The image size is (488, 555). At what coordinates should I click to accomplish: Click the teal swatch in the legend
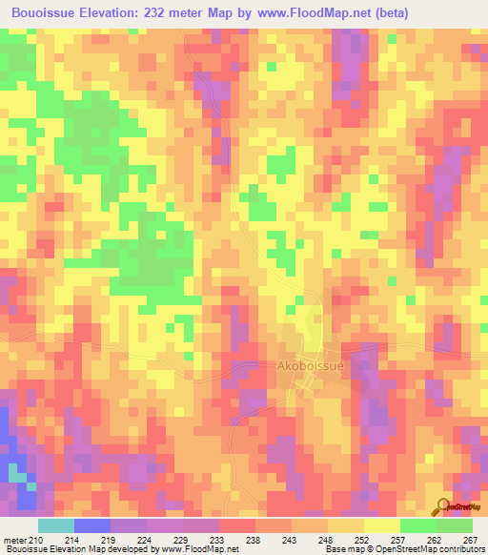click(56, 526)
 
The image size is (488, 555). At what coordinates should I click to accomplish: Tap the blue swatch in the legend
click(92, 526)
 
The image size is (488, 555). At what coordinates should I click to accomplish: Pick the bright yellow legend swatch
click(382, 526)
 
